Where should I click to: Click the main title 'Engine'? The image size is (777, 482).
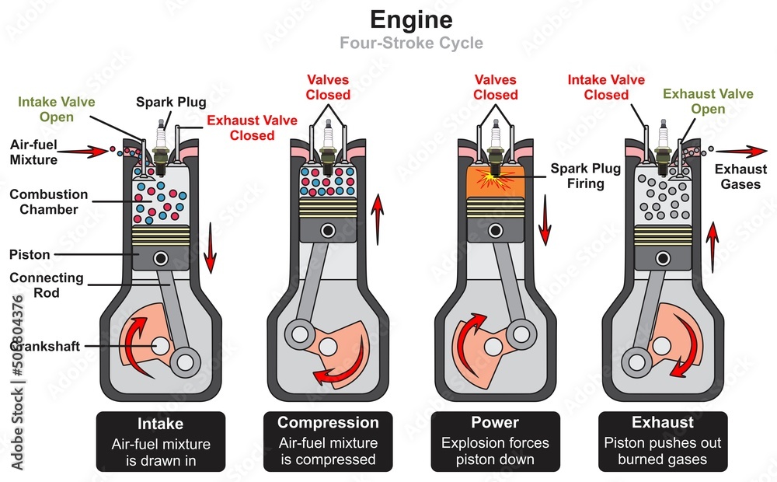tap(410, 19)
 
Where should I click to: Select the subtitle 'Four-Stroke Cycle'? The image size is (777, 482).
tap(410, 43)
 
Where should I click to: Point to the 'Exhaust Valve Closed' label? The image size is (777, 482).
tap(241, 127)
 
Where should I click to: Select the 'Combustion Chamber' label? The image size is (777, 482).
tap(49, 201)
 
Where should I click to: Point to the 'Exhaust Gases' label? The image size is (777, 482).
tap(740, 176)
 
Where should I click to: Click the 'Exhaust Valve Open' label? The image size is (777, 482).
tap(708, 101)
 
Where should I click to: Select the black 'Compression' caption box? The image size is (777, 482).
tap(328, 441)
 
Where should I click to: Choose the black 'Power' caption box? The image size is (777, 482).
tap(495, 441)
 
